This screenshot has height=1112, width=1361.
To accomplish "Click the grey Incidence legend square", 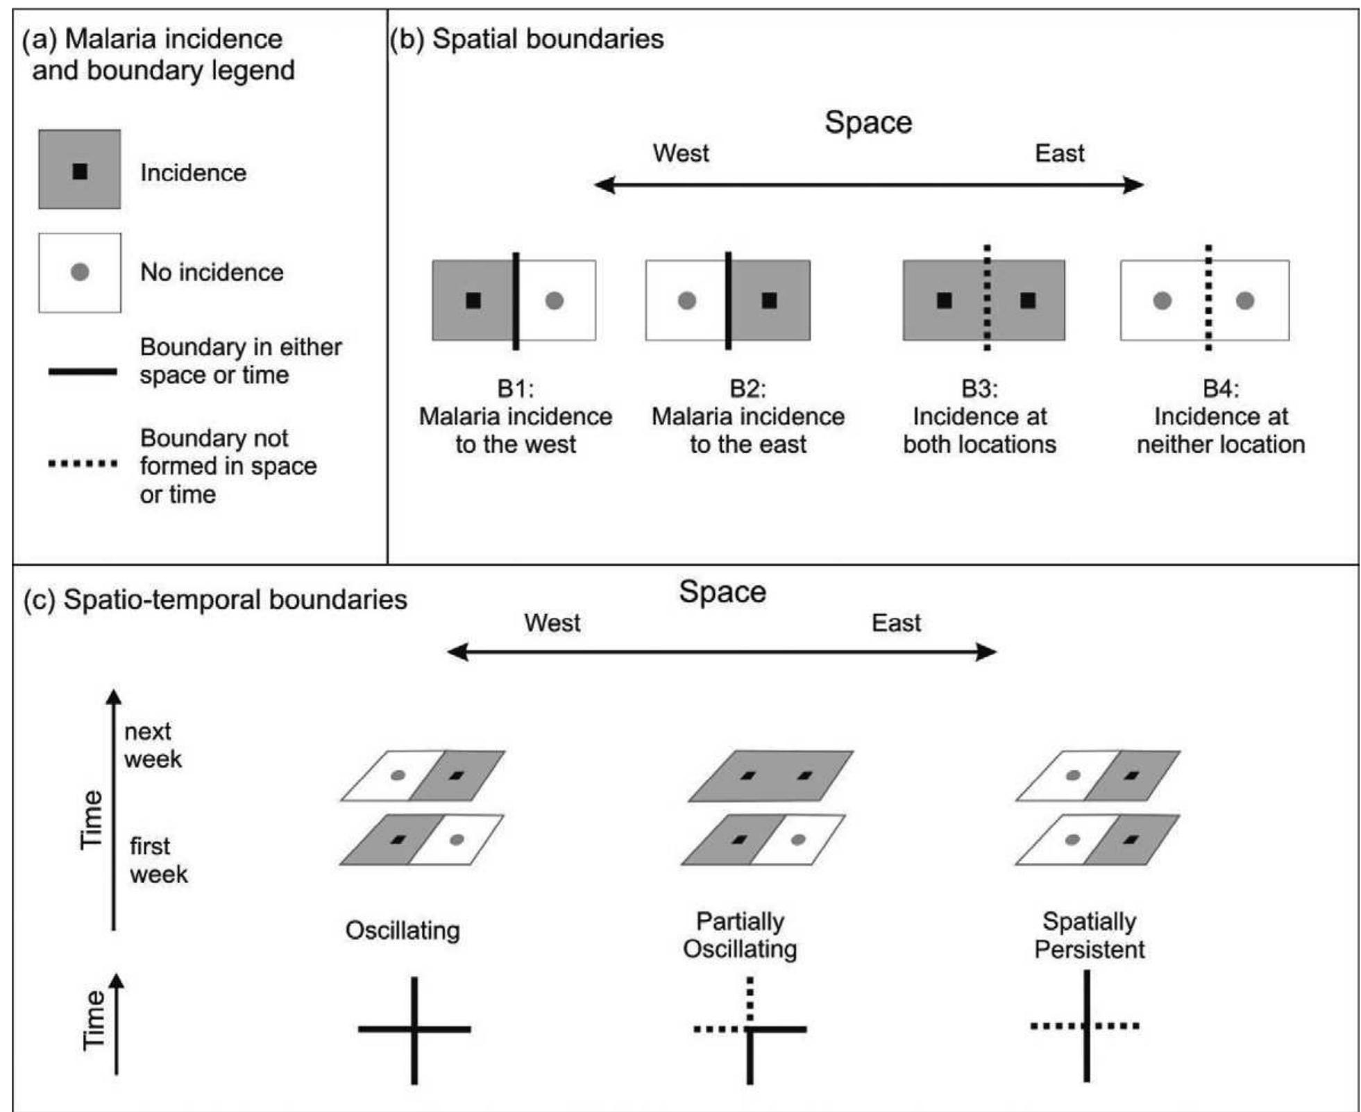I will coord(79,169).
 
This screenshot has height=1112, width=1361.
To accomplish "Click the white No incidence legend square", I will coord(79,272).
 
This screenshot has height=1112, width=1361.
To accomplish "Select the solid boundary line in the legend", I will coord(82,372).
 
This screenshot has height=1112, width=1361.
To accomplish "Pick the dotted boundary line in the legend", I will coord(82,463).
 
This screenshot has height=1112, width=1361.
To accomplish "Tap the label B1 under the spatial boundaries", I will coord(515,389).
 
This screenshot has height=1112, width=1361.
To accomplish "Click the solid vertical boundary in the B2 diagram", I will coord(728,300).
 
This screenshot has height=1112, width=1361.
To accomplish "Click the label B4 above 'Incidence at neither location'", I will coord(1220,389).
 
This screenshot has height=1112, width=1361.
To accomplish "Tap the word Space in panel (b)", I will coord(868,123).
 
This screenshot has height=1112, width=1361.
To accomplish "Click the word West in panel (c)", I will coord(552,623).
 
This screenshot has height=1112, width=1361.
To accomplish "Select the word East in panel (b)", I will coord(1059,153).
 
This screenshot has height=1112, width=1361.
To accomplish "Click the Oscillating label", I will coord(403,930).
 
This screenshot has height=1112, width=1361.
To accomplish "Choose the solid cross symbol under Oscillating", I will coord(414,1029).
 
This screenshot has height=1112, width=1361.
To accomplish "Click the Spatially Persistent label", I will coord(1089,935).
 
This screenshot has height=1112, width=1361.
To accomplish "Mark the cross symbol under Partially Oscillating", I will coord(750,1029).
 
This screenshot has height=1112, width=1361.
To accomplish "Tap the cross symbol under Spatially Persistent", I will coord(1086,1026).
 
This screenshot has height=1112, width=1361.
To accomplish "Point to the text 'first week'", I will coord(158,860).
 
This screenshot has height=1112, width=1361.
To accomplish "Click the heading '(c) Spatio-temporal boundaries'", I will coord(215,600).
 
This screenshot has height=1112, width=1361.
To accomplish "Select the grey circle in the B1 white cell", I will coord(554,301).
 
